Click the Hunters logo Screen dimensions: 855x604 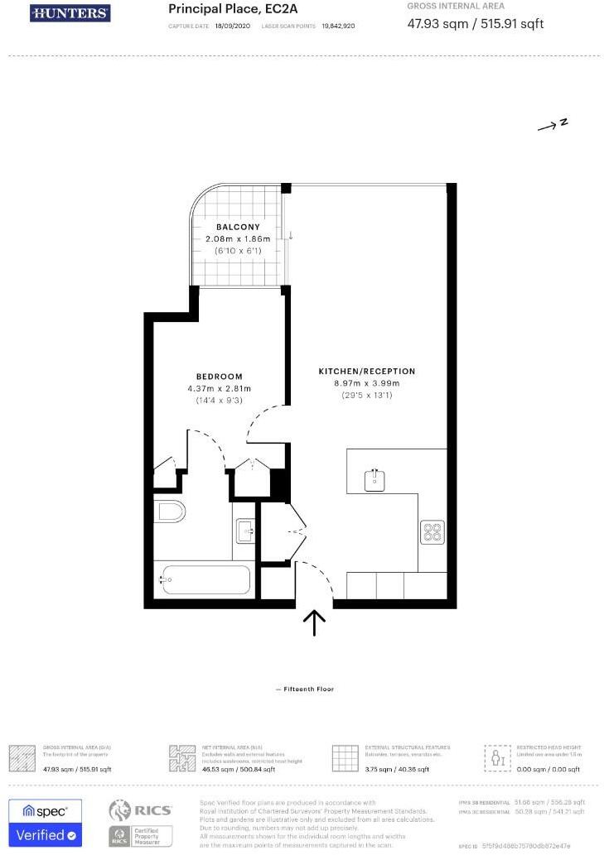[70, 13]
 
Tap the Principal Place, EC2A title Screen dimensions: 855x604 [228, 9]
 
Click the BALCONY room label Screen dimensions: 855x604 [238, 227]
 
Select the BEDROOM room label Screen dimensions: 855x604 [220, 376]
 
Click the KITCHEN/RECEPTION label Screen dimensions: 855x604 [367, 371]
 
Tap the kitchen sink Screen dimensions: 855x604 [375, 479]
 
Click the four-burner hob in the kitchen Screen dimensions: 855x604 [432, 531]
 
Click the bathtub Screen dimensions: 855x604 [203, 580]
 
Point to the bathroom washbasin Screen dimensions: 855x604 [244, 530]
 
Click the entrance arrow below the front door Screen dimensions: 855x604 [315, 622]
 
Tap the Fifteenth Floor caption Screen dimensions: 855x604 [304, 689]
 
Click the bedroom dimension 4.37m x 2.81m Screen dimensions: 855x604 [220, 388]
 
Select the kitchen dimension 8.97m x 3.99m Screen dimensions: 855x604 [367, 383]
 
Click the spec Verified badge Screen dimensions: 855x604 [46, 822]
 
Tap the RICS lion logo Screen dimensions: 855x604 [121, 810]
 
